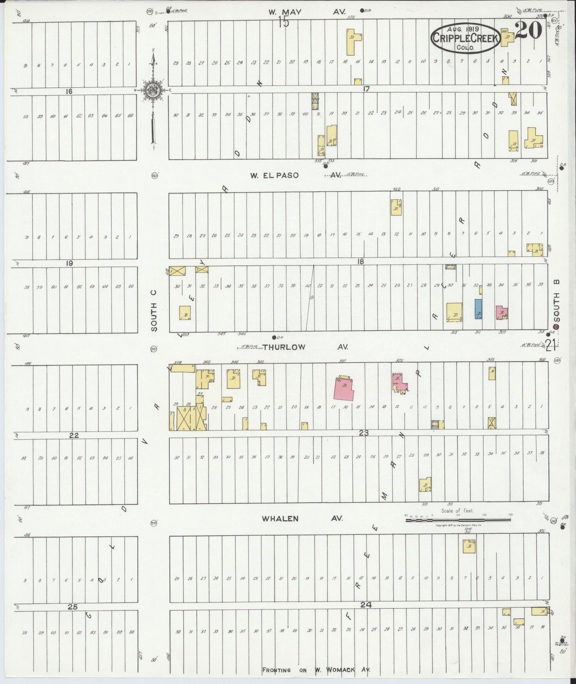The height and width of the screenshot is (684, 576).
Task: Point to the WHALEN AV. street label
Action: (302, 518)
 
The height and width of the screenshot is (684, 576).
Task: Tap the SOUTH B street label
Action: (557, 301)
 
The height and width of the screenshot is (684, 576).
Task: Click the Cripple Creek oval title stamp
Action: (465, 38)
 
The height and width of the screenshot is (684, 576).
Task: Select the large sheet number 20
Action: (528, 31)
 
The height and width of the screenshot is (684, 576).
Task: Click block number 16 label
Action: (69, 91)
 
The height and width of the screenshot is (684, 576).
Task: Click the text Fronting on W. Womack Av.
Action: (316, 670)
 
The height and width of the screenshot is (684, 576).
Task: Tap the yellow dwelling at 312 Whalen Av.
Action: (469, 546)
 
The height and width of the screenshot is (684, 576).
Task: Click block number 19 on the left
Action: (70, 263)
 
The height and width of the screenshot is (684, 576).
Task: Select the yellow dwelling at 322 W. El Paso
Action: (396, 208)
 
